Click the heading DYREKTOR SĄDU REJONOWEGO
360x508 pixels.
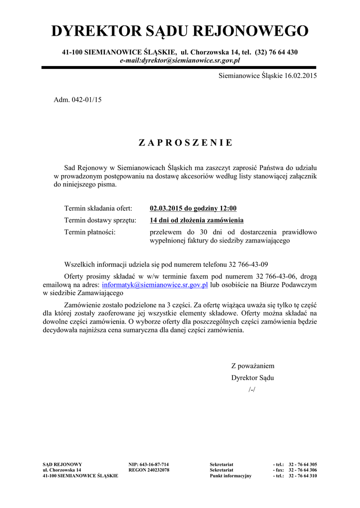[180, 31]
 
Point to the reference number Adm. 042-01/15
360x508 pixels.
[77, 100]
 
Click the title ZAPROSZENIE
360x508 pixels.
[185, 143]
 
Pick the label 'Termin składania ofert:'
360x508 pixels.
[98, 208]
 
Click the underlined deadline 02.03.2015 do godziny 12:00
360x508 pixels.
[193, 208]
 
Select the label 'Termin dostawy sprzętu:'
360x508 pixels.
[100, 220]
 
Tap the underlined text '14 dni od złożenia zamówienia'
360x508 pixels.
[197, 220]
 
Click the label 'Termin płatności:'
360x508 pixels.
[90, 232]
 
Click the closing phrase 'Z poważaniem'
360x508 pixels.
[253, 366]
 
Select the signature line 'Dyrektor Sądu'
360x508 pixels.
[253, 378]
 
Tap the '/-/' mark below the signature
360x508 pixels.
[252, 389]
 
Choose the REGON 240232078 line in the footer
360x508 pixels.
[149, 470]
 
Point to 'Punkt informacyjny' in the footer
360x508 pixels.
[230, 475]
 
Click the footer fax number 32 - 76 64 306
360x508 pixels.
[302, 470]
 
